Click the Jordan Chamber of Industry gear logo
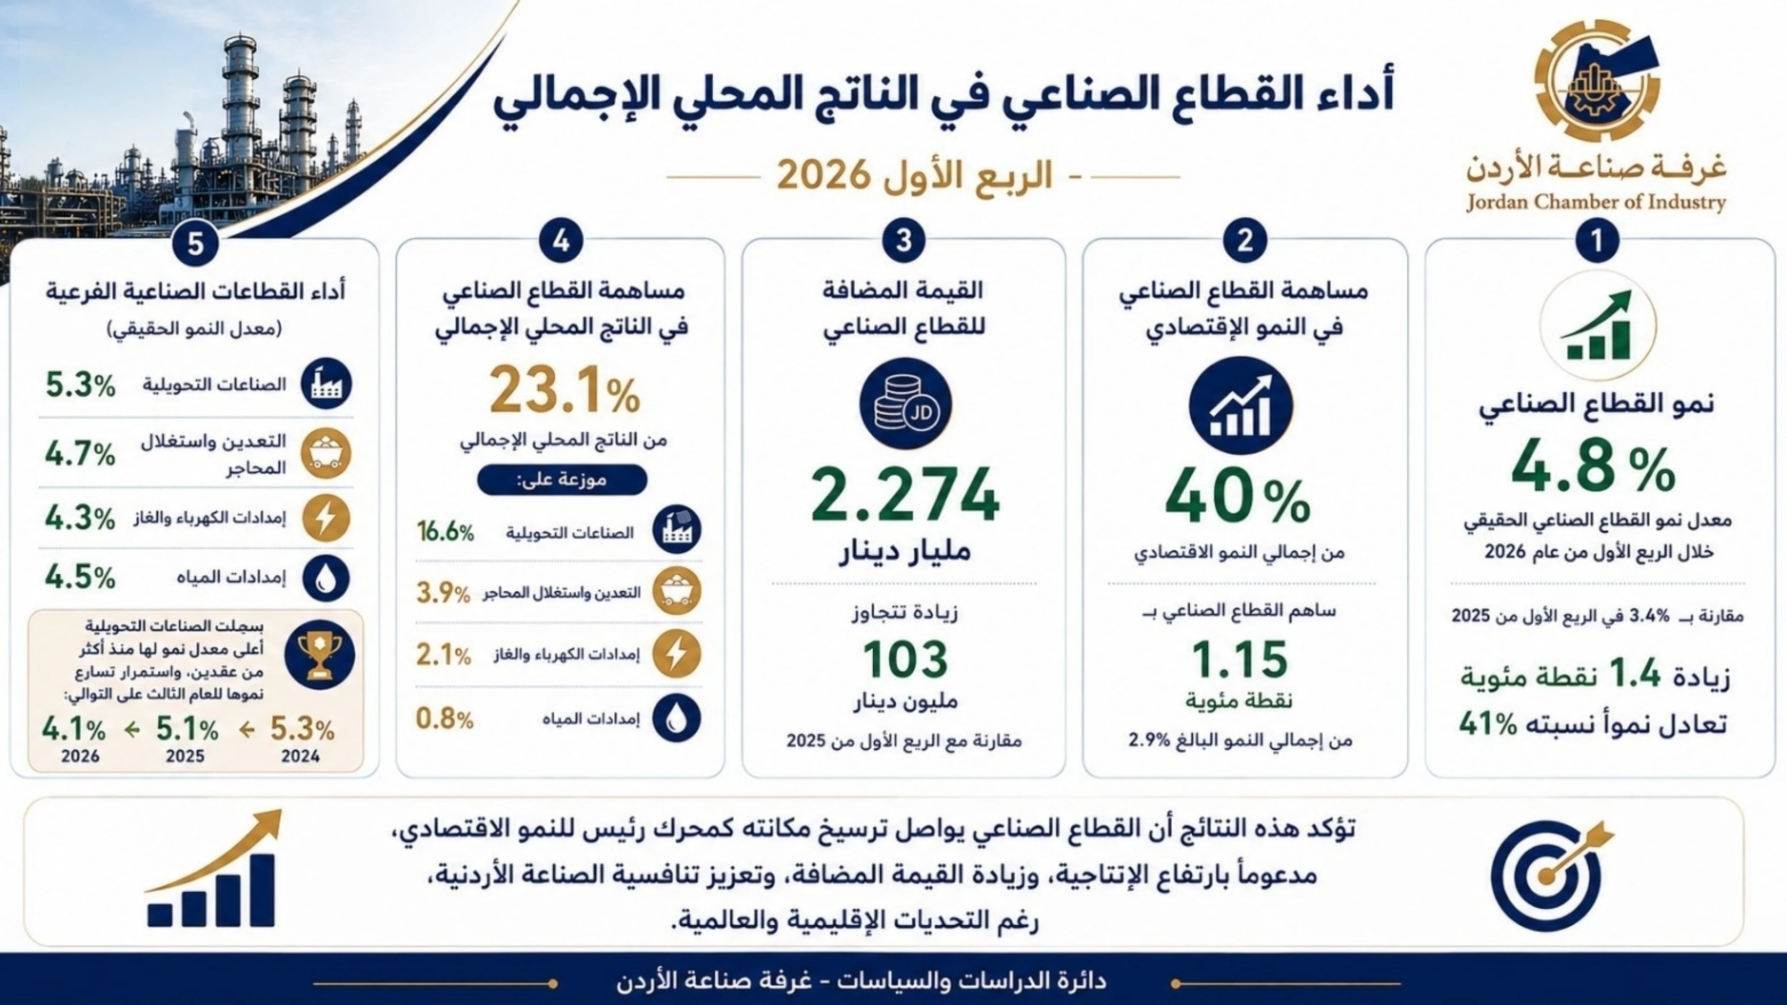click(x=1597, y=80)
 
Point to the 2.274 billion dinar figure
click(x=905, y=495)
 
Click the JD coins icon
click(x=905, y=404)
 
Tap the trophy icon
click(x=320, y=654)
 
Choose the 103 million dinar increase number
click(x=905, y=659)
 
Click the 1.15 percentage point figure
click(x=1240, y=659)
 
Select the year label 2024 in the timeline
click(x=300, y=756)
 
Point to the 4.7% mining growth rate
click(x=80, y=454)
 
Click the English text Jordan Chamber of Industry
click(x=1596, y=202)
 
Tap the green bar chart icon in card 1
click(x=1598, y=326)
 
